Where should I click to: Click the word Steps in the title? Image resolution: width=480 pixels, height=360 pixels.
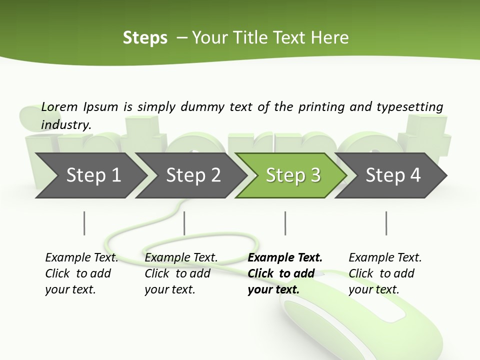click(145, 38)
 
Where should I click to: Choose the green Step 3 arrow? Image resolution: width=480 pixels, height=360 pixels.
click(293, 175)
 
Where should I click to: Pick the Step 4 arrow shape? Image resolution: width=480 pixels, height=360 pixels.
click(393, 175)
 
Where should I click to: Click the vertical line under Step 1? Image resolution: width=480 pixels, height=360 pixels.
click(84, 223)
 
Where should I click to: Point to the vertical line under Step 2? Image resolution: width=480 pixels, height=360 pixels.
click(184, 223)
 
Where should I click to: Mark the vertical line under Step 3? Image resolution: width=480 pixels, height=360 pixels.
click(285, 223)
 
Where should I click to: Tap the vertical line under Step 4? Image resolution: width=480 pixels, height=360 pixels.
click(386, 223)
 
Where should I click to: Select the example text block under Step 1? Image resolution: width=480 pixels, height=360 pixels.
click(81, 273)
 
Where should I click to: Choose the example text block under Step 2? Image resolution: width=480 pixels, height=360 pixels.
click(181, 273)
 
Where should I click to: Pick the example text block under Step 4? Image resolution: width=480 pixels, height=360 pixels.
click(385, 273)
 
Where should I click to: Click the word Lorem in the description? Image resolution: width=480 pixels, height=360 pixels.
click(59, 106)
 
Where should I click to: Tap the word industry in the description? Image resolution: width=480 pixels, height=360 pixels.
click(65, 124)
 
